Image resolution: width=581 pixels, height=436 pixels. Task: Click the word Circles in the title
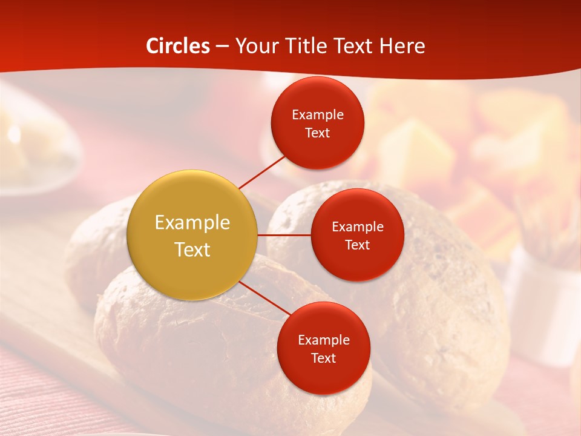[178, 46]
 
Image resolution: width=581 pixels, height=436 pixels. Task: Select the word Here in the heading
[402, 46]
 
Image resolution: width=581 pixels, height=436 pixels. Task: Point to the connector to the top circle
[261, 173]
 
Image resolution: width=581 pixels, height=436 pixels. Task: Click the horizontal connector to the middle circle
[284, 234]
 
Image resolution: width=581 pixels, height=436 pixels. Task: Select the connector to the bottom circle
[264, 298]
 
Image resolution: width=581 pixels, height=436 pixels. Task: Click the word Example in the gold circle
[192, 223]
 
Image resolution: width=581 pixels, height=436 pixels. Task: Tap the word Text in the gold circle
[192, 249]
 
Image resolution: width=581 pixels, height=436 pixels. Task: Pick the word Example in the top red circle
[317, 115]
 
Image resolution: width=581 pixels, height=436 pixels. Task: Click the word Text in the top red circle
[317, 133]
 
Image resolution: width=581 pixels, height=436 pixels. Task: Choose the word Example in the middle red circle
[357, 227]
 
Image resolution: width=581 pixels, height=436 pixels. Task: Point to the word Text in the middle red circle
[357, 245]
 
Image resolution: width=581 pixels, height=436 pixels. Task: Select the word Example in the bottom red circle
[323, 340]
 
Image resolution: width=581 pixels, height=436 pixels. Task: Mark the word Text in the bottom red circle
[323, 358]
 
